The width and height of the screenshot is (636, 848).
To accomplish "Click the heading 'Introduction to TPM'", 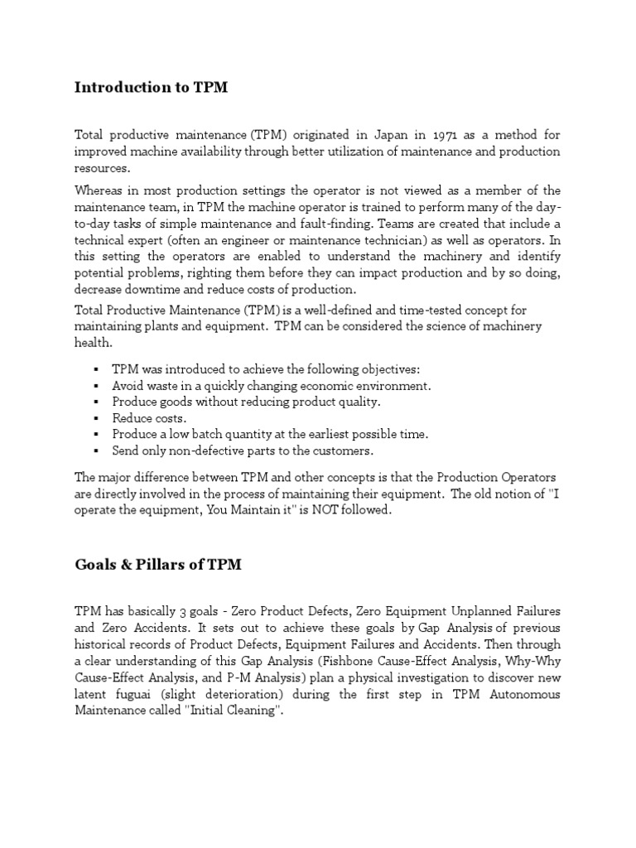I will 151,87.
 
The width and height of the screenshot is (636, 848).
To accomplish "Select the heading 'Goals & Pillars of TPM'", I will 159,564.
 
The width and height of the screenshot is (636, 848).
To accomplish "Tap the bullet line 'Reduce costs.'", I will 150,418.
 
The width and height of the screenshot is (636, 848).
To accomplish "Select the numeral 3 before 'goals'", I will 184,612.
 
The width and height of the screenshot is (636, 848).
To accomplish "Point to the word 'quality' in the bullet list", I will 358,402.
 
